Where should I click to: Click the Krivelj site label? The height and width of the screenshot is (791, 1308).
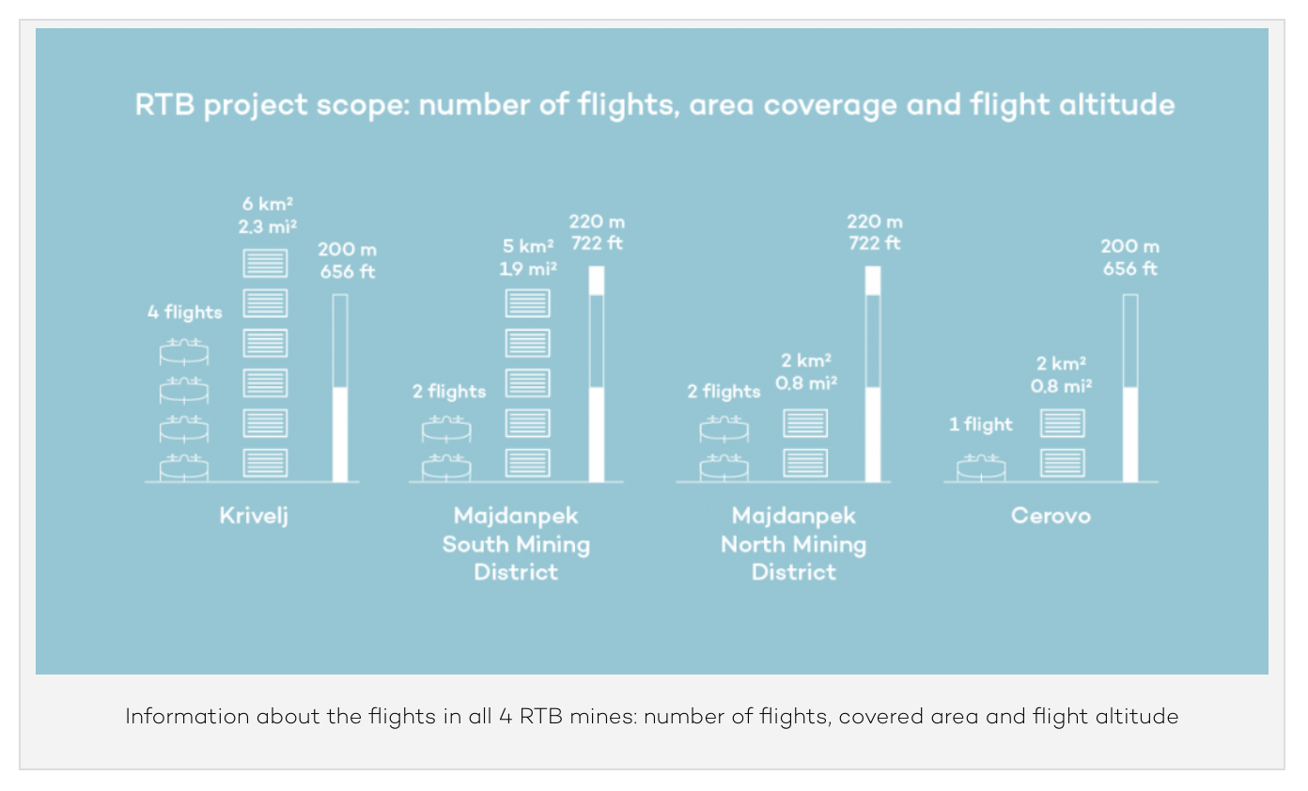[x=253, y=516]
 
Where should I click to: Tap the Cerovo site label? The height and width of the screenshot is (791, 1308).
[x=1051, y=516]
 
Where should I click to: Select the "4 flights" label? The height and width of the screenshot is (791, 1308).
[x=185, y=313]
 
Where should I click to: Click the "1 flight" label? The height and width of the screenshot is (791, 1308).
[x=980, y=425]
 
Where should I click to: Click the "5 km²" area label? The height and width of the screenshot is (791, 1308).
[x=527, y=248]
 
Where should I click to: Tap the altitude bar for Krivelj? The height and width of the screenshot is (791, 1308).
[x=340, y=388]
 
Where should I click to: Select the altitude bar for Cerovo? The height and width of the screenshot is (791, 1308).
[x=1130, y=388]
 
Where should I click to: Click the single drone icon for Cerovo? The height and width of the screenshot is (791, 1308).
[x=981, y=466]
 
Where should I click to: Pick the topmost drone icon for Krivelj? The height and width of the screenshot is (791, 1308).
[x=183, y=352]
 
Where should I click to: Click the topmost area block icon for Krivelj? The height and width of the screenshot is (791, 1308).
[x=265, y=263]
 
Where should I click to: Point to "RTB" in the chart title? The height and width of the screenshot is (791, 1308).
[x=164, y=104]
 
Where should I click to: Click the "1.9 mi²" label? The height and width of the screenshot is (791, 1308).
[x=527, y=269]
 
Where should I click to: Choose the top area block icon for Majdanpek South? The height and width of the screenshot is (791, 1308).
[x=527, y=303]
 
